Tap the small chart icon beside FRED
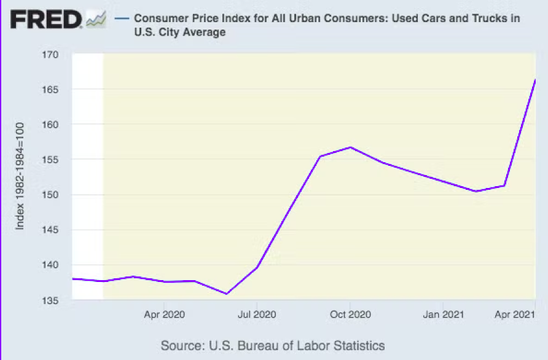point(96,20)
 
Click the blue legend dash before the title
point(122,18)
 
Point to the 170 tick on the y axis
point(50,55)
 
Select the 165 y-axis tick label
point(50,90)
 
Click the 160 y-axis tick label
point(50,125)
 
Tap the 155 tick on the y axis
point(50,160)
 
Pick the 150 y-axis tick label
point(50,195)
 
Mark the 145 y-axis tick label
point(50,230)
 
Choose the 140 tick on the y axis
point(50,265)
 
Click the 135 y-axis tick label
point(50,300)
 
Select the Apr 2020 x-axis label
point(164,315)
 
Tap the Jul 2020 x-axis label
point(256,315)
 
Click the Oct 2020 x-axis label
point(350,315)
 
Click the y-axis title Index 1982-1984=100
point(20,176)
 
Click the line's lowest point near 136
point(226,294)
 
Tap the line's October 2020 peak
point(350,147)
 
